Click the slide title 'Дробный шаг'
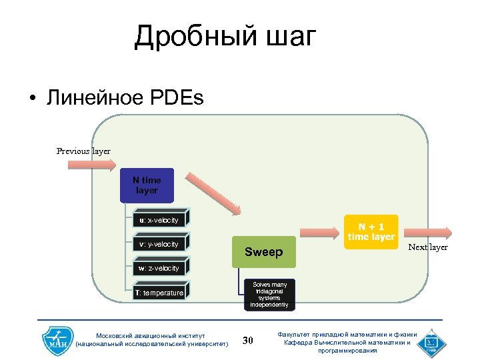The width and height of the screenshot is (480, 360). pos(224,37)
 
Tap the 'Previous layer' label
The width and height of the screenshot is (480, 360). pos(83,151)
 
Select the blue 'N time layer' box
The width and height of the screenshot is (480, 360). pos(147,186)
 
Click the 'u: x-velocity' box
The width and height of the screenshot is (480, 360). pos(160,220)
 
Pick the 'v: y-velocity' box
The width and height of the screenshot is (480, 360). pos(160,244)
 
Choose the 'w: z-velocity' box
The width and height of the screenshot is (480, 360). pos(160,268)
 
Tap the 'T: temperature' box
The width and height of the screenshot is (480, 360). pos(160,292)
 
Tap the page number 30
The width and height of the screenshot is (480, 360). pos(248,341)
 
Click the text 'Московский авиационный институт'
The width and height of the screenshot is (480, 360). pos(152,335)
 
